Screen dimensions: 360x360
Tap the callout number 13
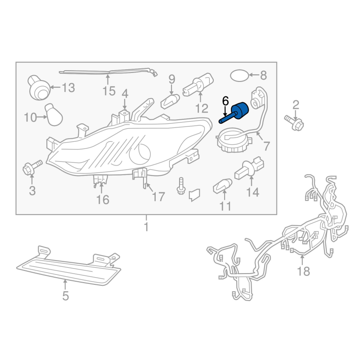coord(68,87)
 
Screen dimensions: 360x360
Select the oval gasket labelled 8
coord(239,76)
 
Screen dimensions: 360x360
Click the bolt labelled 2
coord(294,122)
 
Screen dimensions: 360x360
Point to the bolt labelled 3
coord(32,167)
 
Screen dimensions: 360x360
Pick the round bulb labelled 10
coord(54,115)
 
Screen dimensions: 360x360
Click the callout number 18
coord(303,271)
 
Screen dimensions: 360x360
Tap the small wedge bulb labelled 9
coord(171,101)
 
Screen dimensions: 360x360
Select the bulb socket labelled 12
coord(198,85)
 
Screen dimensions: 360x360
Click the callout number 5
coord(65,296)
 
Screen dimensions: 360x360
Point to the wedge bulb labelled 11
coord(223,185)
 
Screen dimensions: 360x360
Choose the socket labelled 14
coord(249,168)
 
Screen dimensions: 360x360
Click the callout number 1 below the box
coord(146,227)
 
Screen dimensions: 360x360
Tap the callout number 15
coord(109,91)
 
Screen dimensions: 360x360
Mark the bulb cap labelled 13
coord(39,87)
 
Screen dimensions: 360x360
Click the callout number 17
coord(158,197)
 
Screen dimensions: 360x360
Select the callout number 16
coord(103,199)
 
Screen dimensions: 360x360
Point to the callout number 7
coord(266,146)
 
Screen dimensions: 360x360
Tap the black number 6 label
coord(225,101)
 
